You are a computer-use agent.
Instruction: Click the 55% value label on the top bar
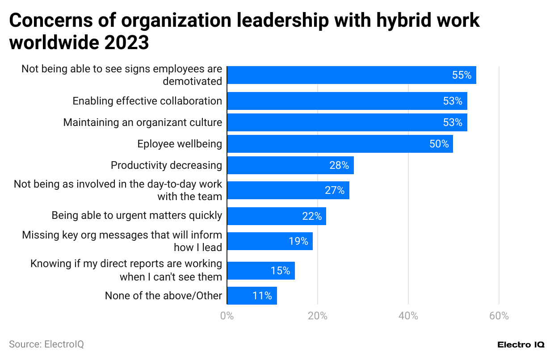[x=462, y=75]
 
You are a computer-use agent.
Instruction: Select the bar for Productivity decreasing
[x=290, y=165]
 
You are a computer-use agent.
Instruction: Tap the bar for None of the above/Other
[x=252, y=296]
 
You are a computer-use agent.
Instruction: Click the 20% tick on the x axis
[x=318, y=316]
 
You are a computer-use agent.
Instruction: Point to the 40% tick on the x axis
[x=408, y=316]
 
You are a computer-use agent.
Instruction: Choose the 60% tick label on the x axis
[x=499, y=316]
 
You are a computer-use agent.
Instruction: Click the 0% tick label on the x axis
[x=227, y=316]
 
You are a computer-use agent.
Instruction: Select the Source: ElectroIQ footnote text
[x=46, y=344]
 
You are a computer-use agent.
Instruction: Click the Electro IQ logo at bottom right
[x=520, y=345]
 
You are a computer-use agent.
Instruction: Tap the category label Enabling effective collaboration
[x=147, y=101]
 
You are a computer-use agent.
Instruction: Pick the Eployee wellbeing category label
[x=180, y=144]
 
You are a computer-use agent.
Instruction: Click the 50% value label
[x=439, y=144]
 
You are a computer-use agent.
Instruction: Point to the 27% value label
[x=335, y=190]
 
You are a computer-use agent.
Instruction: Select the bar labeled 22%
[x=277, y=216]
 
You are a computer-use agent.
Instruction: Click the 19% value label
[x=298, y=241]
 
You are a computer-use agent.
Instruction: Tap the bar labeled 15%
[x=261, y=271]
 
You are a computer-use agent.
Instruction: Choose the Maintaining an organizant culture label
[x=143, y=122]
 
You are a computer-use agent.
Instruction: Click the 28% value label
[x=339, y=165]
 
